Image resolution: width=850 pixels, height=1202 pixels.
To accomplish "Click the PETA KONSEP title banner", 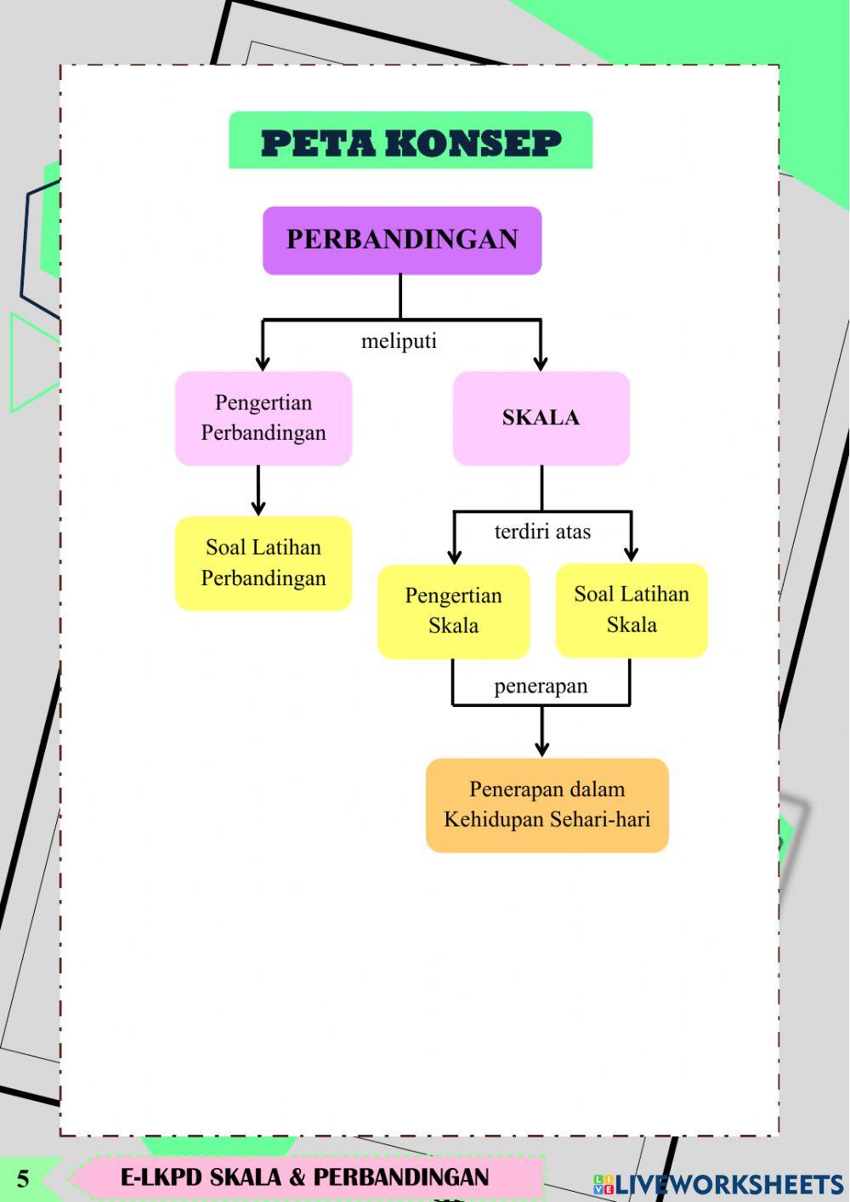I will pos(411,141).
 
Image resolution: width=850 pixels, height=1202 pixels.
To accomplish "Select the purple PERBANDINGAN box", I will pos(402,240).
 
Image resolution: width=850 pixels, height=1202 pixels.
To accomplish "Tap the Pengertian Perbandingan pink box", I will pos(263,418).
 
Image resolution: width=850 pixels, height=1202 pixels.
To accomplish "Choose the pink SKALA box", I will pos(541,418).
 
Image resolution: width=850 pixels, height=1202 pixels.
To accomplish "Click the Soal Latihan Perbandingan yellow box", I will pos(263,563).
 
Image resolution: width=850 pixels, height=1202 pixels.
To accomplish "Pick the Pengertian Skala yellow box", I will pos(453,611).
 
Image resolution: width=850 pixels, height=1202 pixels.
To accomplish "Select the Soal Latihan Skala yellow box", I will pos(632,610).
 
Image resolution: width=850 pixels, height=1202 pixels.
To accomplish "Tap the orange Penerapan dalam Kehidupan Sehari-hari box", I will pos(547,805).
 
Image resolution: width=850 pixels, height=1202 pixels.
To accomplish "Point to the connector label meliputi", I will pos(399,341).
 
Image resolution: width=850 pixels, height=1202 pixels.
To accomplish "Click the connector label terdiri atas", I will pos(542,532).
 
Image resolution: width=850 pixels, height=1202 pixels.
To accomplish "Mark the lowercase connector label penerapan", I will pos(541,686).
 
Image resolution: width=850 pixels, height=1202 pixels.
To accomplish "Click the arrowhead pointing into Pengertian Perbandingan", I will pos(263,363).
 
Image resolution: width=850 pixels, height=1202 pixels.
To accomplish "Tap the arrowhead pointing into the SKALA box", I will pos(541,363).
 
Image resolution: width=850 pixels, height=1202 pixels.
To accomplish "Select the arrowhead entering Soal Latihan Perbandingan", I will pos(258,508).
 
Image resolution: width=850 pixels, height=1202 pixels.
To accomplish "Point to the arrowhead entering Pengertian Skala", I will pos(454,556).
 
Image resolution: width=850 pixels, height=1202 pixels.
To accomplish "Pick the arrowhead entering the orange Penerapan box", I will pos(542,749).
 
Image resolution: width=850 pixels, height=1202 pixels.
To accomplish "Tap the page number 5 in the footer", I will pos(23,1179).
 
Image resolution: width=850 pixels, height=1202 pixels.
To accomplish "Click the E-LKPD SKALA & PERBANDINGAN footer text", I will pos(304,1177).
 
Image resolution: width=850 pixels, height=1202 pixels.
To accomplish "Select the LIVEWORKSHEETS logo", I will pos(718,1184).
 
